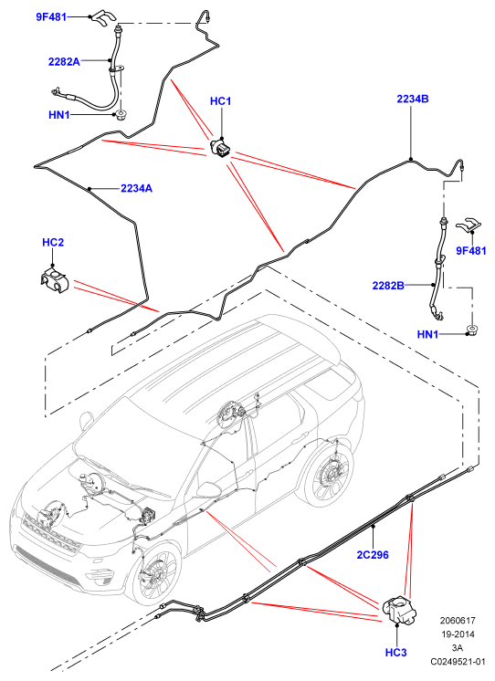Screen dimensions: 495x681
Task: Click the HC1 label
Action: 220,101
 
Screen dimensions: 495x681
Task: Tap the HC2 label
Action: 53,242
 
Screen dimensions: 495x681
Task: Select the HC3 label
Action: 396,653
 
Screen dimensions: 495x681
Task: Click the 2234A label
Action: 136,188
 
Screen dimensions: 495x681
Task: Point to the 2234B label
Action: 413,99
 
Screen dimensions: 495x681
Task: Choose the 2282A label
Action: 64,62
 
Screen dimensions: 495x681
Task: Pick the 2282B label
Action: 388,286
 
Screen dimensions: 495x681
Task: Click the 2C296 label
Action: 373,555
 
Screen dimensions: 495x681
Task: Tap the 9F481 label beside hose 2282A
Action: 51,17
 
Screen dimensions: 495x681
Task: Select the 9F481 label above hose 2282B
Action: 471,251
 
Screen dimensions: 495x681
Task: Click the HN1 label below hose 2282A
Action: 59,115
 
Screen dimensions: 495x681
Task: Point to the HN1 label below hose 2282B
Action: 427,334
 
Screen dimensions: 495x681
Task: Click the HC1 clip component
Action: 222,148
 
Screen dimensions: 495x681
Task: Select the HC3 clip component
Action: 399,610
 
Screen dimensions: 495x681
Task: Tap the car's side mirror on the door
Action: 209,488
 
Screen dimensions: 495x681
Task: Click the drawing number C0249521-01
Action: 458,662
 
